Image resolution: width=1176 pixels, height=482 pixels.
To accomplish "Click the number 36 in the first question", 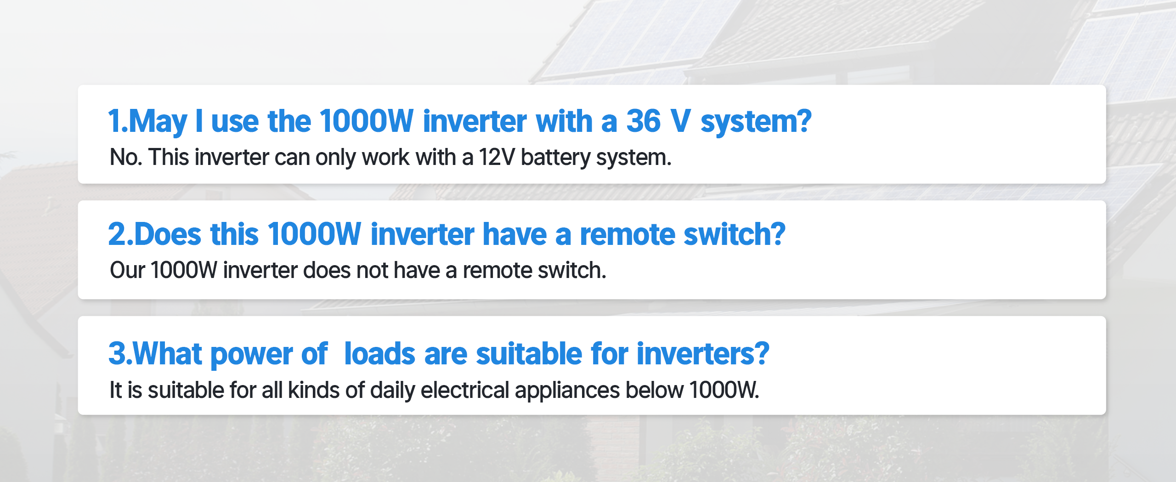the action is [x=643, y=121].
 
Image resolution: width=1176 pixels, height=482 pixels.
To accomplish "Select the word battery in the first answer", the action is [x=556, y=158].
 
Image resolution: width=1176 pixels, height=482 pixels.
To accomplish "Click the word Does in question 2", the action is [x=168, y=234].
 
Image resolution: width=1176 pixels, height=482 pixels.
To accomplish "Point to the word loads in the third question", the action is [x=379, y=354].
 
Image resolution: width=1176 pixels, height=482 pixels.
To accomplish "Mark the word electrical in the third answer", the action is [x=465, y=390].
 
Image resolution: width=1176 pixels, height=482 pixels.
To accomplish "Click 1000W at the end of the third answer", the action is [x=724, y=390].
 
